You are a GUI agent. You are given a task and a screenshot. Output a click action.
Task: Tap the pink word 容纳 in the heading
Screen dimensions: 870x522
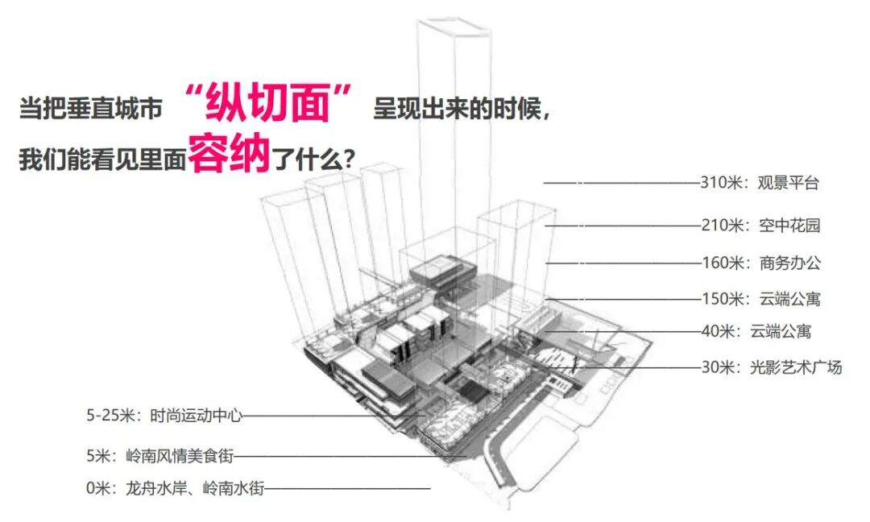pyautogui.click(x=229, y=156)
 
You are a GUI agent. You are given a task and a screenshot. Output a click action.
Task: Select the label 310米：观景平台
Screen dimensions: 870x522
pyautogui.click(x=759, y=183)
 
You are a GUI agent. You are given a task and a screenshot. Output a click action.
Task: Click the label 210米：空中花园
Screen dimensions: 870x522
pyautogui.click(x=760, y=226)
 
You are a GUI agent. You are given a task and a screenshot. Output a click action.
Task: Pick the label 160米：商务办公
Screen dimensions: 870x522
pyautogui.click(x=760, y=263)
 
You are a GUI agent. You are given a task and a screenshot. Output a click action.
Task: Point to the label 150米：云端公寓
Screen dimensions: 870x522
pyautogui.click(x=760, y=299)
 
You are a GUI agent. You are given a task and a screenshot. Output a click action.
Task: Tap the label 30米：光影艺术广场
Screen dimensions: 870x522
pyautogui.click(x=771, y=367)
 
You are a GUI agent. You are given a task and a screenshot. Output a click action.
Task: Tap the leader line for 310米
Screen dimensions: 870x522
pyautogui.click(x=620, y=183)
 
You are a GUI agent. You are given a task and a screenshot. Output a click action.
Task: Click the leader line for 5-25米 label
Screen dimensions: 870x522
pyautogui.click(x=330, y=416)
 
